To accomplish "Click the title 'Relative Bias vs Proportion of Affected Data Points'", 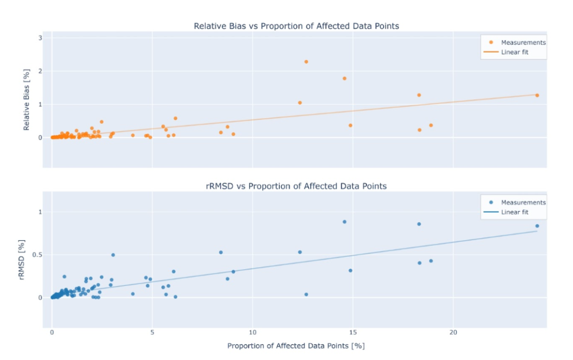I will coord(296,26).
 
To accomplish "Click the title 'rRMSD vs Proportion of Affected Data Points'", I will coord(296,186).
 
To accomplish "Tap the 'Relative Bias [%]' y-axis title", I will coord(27,99).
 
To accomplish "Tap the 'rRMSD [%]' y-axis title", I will coord(22,260).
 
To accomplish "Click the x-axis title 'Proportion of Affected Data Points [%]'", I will coord(296,346).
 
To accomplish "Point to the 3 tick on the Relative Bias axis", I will coord(40,38).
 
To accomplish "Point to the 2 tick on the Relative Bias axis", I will coord(40,71).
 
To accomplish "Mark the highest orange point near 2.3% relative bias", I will coord(306,62).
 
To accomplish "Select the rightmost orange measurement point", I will coord(537,95).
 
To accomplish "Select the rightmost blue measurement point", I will coord(537,226).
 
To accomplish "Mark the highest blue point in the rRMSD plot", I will coord(344,222).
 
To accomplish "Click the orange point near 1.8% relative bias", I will coord(344,78).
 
